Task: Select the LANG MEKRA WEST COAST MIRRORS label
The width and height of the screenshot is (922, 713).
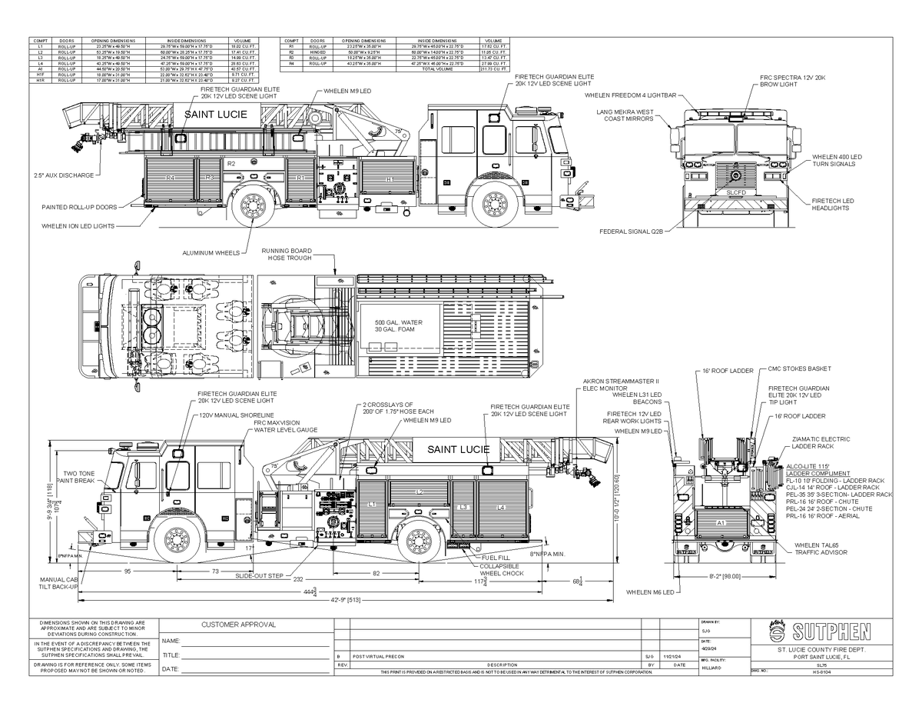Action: [625, 115]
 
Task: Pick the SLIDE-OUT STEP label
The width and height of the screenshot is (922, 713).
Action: [259, 575]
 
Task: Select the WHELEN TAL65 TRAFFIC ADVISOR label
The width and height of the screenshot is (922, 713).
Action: [821, 548]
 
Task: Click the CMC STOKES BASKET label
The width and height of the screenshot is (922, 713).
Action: [798, 369]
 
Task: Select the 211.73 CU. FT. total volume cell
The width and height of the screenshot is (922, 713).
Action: [493, 68]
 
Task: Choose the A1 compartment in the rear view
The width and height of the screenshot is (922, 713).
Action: [721, 522]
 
